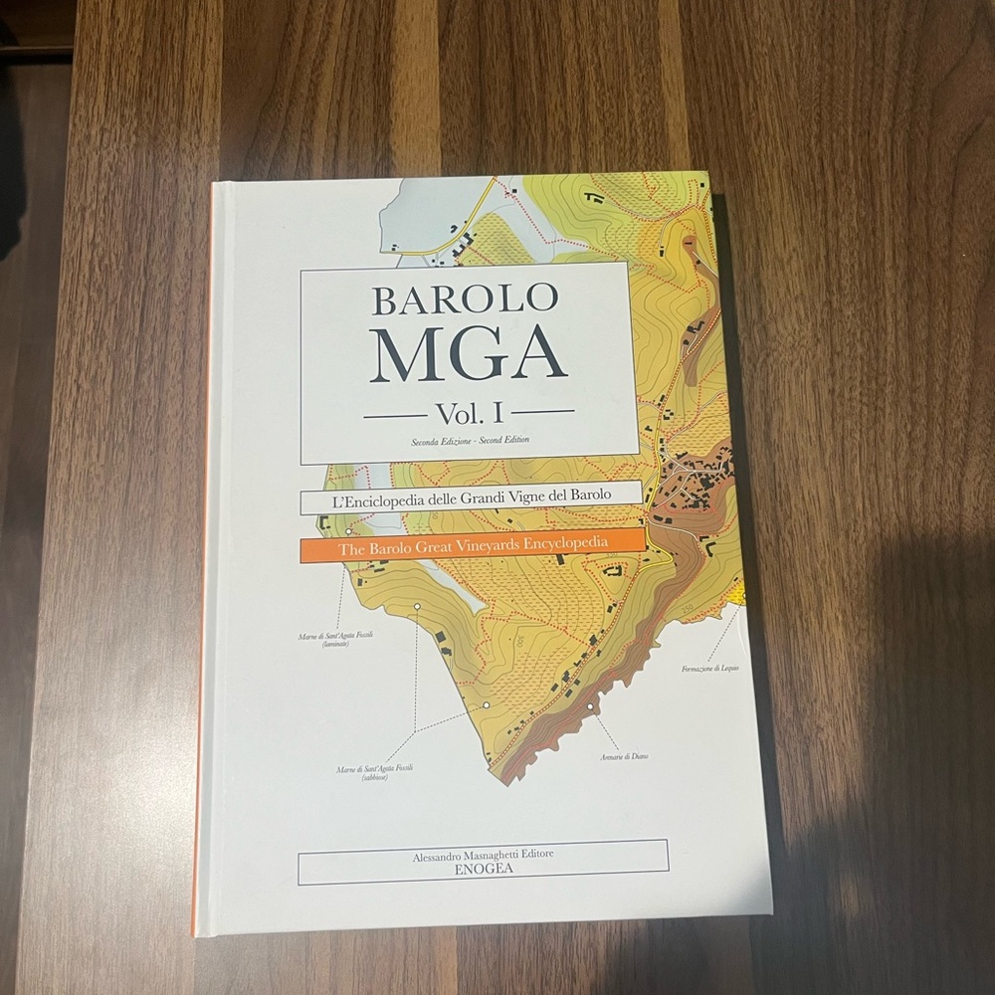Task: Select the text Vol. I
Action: [469, 411]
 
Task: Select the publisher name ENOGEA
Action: [483, 867]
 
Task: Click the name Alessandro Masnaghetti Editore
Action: [483, 853]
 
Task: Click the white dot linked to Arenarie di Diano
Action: [591, 707]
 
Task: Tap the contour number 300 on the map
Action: [518, 642]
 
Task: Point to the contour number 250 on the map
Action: [688, 607]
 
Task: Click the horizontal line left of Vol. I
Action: [394, 411]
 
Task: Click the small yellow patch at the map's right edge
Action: [737, 594]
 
